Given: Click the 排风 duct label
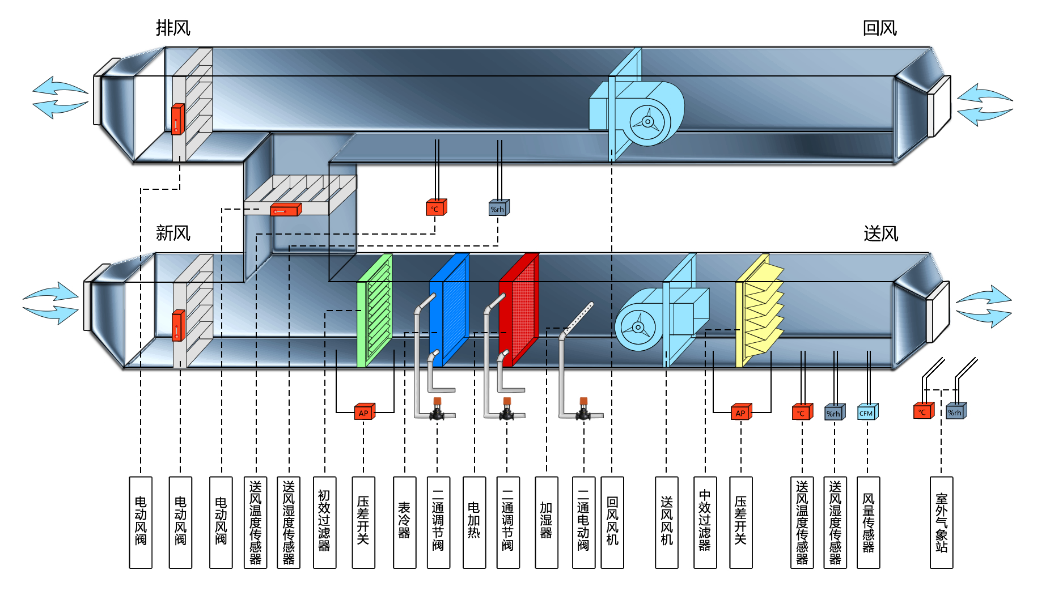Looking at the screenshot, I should [173, 28].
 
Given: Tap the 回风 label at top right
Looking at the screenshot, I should [879, 28].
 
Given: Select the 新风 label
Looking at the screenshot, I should [173, 233].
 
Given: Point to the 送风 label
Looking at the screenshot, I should [880, 233].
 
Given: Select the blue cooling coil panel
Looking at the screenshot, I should [449, 311].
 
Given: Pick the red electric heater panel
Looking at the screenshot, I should [519, 311].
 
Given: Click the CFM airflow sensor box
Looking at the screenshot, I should [867, 412].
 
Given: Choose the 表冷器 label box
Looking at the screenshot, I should [404, 522].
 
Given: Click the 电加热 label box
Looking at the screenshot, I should [474, 522].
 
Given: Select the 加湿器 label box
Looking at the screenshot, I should [546, 522].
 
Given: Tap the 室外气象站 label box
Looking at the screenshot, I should [941, 522].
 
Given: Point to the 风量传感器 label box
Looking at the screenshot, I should [868, 522].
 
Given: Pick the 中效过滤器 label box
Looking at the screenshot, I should [705, 522].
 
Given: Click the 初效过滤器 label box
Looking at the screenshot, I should [324, 522].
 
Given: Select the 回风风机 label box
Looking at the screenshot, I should [612, 522].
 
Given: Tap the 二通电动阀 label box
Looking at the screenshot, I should [583, 522].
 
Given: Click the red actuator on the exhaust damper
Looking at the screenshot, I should [177, 119].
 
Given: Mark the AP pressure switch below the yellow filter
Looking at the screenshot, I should [740, 412].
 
